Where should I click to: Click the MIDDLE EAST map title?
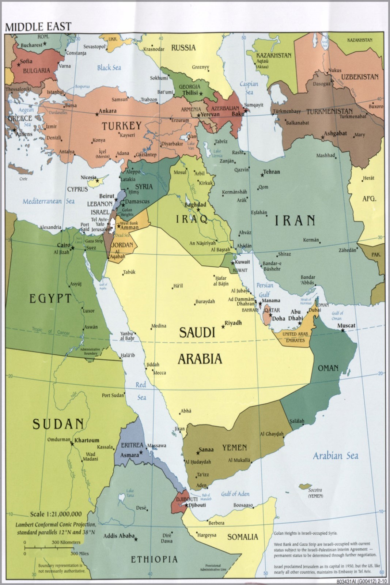tap(38, 27)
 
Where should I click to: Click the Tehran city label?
tap(271, 171)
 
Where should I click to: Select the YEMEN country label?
tap(235, 447)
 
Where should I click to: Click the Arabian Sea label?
tap(335, 456)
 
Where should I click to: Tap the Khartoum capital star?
tap(72, 444)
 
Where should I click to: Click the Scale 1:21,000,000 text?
tap(56, 514)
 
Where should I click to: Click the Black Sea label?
tap(109, 68)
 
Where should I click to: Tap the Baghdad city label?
tap(195, 205)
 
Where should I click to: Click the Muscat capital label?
tap(346, 325)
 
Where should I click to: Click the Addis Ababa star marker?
tap(136, 539)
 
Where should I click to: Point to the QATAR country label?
tap(272, 310)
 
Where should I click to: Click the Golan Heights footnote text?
tap(306, 533)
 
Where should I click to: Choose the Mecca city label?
tap(159, 373)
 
